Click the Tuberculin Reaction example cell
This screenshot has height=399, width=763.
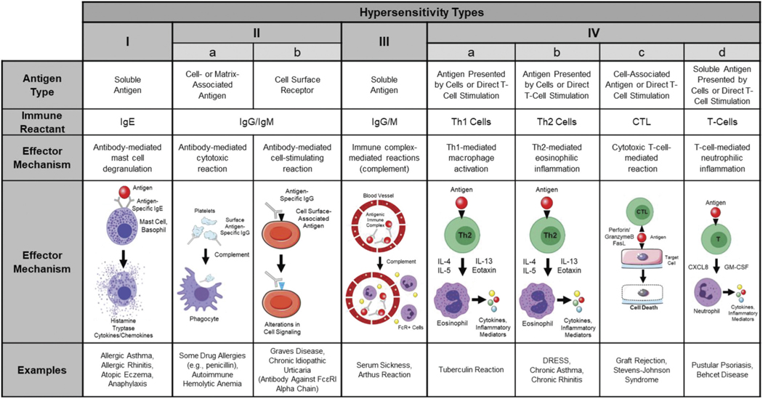tap(463, 369)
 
